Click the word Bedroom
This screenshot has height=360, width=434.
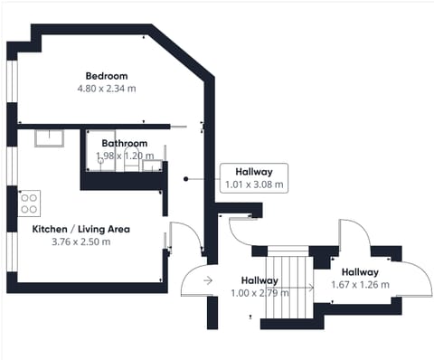pyautogui.click(x=107, y=75)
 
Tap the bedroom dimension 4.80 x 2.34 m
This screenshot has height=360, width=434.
pyautogui.click(x=107, y=89)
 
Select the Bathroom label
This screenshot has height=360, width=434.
pyautogui.click(x=125, y=143)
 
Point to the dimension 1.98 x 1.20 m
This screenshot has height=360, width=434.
pyautogui.click(x=125, y=156)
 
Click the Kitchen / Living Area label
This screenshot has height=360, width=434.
pyautogui.click(x=80, y=229)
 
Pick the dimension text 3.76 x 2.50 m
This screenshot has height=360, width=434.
pyautogui.click(x=80, y=242)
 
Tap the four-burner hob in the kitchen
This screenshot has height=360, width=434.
pyautogui.click(x=29, y=200)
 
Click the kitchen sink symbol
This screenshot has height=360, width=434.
pyautogui.click(x=48, y=137)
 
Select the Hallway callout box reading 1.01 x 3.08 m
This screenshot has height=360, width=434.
pyautogui.click(x=254, y=177)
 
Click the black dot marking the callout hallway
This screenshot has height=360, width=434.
pyautogui.click(x=184, y=178)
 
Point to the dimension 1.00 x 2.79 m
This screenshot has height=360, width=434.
pyautogui.click(x=259, y=293)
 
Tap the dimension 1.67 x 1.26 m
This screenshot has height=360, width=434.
pyautogui.click(x=360, y=285)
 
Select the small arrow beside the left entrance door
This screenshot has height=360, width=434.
pyautogui.click(x=208, y=280)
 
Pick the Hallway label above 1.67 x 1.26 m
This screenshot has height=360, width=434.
pyautogui.click(x=360, y=271)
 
